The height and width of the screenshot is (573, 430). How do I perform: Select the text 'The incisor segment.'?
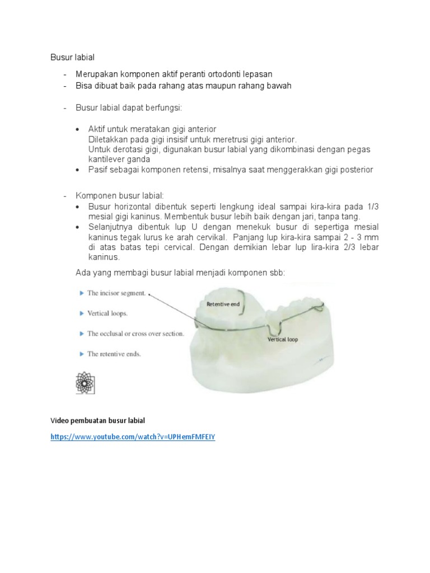point(116,293)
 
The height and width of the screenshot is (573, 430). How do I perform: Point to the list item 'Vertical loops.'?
point(107,313)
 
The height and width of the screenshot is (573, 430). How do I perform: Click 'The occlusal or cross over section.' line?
point(135,334)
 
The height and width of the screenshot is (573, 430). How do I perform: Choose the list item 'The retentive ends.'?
point(114,354)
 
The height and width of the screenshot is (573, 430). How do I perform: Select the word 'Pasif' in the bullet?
point(99,170)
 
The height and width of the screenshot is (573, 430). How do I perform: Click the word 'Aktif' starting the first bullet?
point(98,129)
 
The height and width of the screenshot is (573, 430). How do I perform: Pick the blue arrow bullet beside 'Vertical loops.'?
point(82,313)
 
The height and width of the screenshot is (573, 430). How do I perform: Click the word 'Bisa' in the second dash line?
point(84,86)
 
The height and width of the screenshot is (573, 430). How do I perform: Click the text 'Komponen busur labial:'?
point(119,195)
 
